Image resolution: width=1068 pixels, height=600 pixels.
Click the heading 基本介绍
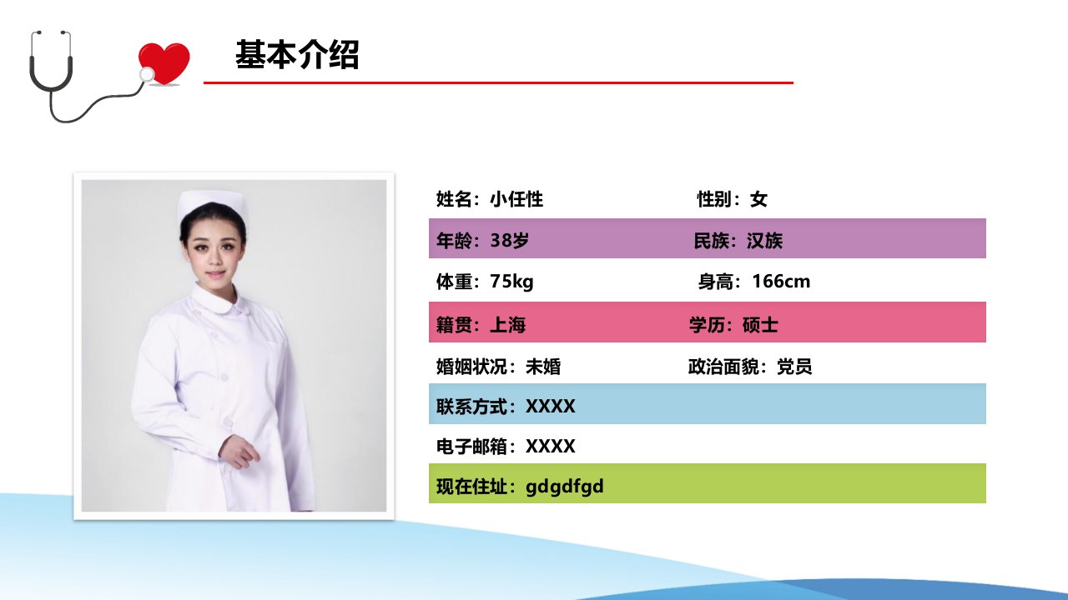[296, 55]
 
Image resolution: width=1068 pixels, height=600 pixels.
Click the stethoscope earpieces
[51, 34]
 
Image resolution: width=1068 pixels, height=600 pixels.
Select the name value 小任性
[516, 199]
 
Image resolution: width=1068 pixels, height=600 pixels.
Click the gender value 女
[758, 199]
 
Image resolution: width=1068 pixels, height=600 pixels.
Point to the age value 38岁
[509, 241]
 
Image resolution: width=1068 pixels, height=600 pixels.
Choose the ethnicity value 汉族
[764, 241]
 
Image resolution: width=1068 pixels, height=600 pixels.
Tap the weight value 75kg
[511, 282]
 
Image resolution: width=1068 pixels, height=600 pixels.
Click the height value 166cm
[781, 282]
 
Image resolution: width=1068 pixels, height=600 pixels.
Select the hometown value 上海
[508, 325]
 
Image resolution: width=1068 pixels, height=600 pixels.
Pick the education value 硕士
[760, 325]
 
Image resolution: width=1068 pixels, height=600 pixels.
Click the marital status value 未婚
[543, 367]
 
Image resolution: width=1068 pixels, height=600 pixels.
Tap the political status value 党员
[794, 367]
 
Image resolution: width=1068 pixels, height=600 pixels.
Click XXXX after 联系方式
[550, 407]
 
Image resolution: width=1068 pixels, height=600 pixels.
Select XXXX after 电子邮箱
[550, 447]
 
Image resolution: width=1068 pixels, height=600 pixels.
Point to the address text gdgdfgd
[565, 487]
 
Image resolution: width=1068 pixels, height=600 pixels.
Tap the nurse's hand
[239, 451]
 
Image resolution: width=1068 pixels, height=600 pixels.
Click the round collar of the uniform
[219, 299]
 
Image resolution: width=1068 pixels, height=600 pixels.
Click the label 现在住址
[471, 487]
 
